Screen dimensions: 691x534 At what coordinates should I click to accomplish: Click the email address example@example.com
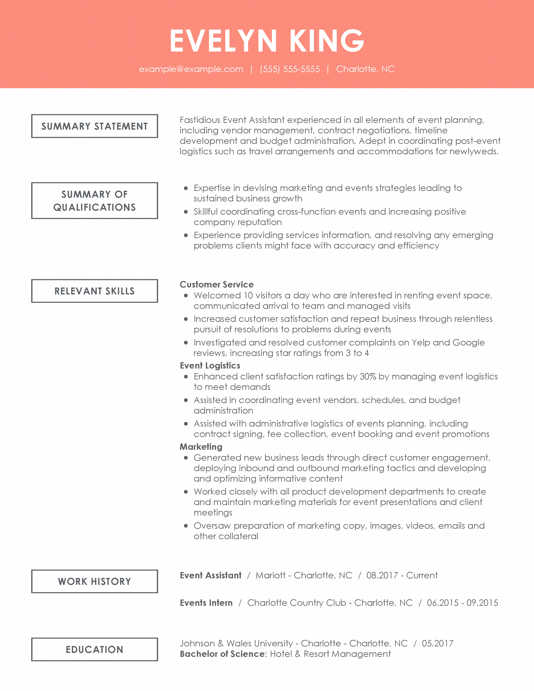[191, 69]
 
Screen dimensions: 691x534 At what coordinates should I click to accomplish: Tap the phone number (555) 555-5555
[290, 69]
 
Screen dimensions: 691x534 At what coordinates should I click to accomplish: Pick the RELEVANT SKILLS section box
[95, 291]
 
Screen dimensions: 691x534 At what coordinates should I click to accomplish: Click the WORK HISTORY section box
[95, 581]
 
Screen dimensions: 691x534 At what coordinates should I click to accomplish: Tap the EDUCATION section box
[95, 650]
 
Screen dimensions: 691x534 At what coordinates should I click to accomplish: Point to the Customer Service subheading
[217, 284]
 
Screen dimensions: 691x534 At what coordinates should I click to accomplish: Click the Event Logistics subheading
[210, 365]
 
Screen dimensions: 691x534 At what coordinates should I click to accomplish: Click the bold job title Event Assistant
[211, 575]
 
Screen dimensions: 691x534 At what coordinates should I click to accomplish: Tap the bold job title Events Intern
[206, 603]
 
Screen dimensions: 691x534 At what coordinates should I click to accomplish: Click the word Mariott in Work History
[271, 575]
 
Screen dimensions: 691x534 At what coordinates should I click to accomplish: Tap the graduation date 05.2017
[437, 643]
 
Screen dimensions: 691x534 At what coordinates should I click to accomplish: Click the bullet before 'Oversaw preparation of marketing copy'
[186, 526]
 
